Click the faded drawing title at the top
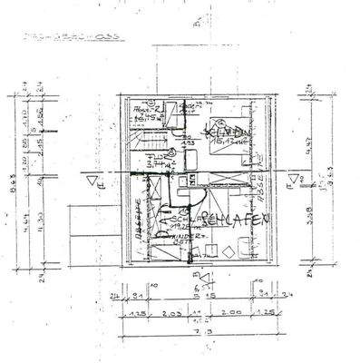click(x=58, y=39)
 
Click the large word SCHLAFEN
click(x=238, y=220)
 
